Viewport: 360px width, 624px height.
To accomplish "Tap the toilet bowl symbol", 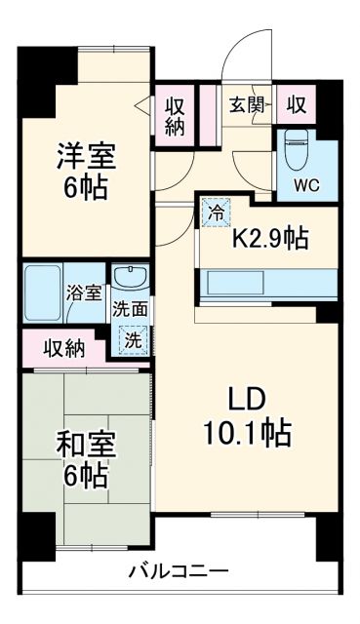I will (297, 149).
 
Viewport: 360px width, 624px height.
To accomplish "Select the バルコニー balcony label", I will (179, 571).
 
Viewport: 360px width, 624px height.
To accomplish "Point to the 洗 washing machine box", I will (130, 340).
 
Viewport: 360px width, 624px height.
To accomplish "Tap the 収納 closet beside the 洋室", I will (176, 115).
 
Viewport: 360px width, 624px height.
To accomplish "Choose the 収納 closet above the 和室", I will (62, 346).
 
